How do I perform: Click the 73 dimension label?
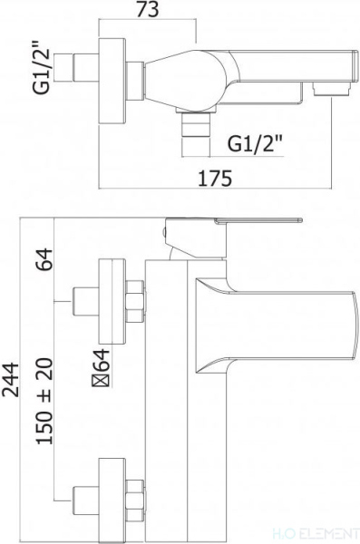148,10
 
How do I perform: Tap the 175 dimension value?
215,179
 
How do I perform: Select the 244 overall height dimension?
10,380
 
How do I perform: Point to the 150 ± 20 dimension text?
44,401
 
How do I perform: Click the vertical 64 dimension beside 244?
44,259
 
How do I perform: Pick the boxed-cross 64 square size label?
101,368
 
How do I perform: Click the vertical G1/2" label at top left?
42,67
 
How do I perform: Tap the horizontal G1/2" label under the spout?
255,143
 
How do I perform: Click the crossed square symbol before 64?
101,380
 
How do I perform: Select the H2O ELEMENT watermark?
327,534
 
